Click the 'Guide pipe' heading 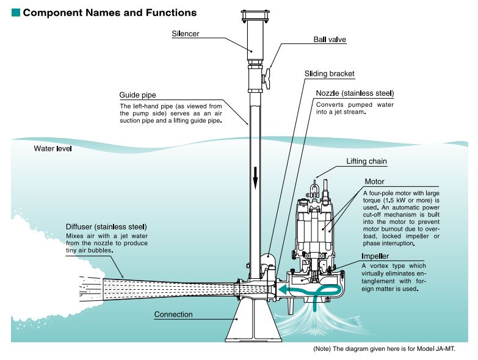pos(138,96)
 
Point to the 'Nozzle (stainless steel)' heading pos(355,93)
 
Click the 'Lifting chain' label pos(366,162)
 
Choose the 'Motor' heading pos(374,182)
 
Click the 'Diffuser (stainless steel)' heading pos(106,228)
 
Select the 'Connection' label pos(173,314)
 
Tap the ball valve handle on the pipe pos(271,79)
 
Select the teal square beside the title pos(15,12)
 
